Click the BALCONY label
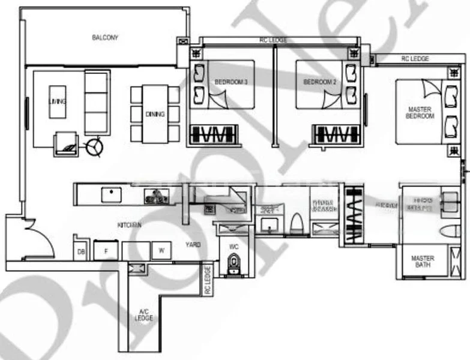click(105, 38)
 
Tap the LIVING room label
click(58, 102)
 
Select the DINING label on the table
click(155, 114)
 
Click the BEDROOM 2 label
click(318, 82)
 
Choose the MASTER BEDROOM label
click(420, 113)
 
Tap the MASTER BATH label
click(423, 262)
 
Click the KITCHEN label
click(130, 225)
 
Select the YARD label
click(193, 245)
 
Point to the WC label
click(233, 245)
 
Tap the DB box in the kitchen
click(80, 252)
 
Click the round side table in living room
click(94, 146)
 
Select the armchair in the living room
click(66, 144)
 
